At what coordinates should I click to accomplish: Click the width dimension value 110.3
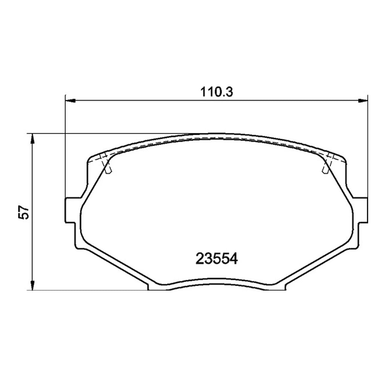(216, 92)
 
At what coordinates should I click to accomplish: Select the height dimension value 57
(24, 212)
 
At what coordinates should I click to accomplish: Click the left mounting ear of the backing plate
(71, 210)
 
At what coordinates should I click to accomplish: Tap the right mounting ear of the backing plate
(361, 210)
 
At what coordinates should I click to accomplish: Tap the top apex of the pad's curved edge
(217, 135)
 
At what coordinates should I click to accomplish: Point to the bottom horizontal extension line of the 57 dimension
(89, 290)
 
